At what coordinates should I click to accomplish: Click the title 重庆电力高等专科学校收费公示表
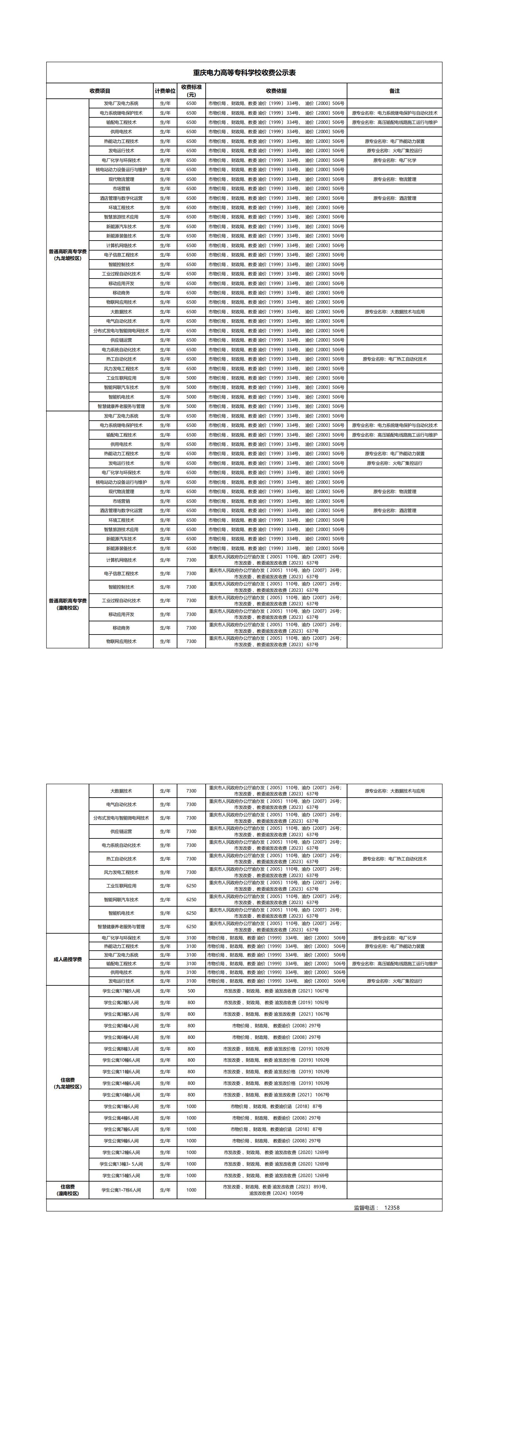[x=244, y=73]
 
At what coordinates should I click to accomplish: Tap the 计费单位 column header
[x=165, y=91]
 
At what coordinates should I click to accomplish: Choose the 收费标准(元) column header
[x=191, y=91]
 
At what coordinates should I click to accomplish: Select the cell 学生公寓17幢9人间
[x=121, y=991]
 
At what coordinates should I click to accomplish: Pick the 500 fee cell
[x=191, y=991]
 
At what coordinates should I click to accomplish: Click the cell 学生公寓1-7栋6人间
[x=121, y=1190]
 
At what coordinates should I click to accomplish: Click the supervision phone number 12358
[x=392, y=1207]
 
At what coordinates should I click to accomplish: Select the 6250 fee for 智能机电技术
[x=191, y=913]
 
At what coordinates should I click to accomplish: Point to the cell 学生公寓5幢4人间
[x=121, y=1026]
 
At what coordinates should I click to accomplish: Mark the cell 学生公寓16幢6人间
[x=121, y=1095]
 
